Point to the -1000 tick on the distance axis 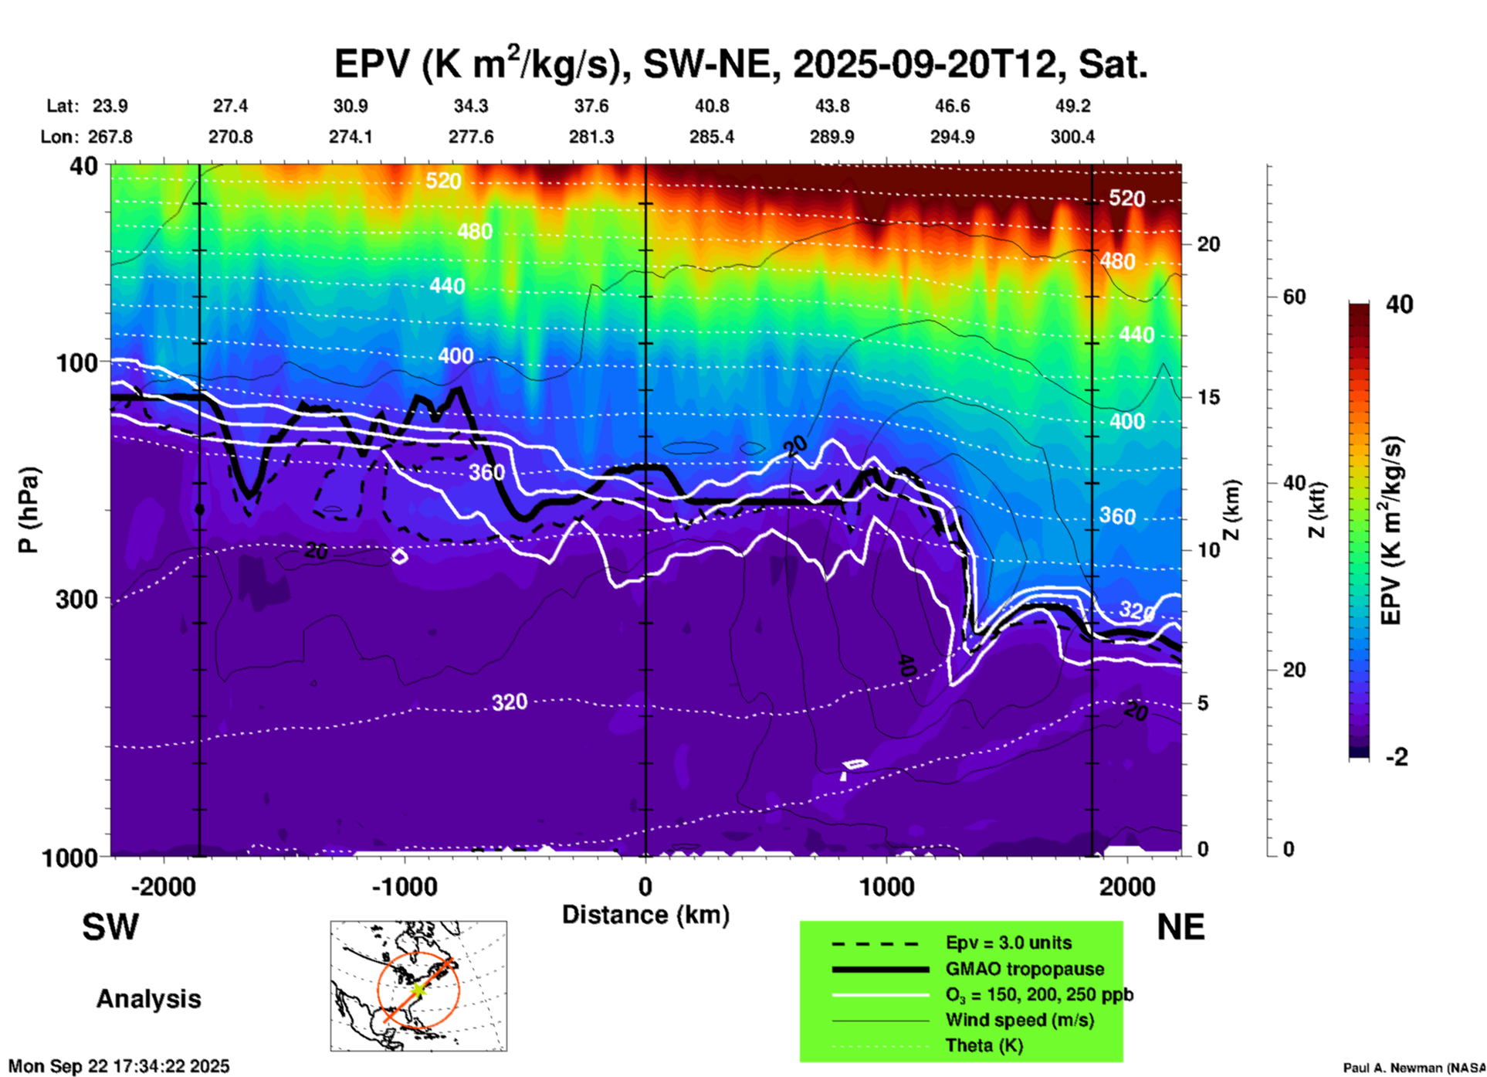pyautogui.click(x=405, y=886)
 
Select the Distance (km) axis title pyautogui.click(x=645, y=915)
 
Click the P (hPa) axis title pyautogui.click(x=29, y=510)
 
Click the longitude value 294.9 pyautogui.click(x=951, y=137)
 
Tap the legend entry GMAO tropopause pyautogui.click(x=1025, y=969)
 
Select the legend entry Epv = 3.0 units pyautogui.click(x=1008, y=943)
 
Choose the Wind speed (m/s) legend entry pyautogui.click(x=1019, y=1020)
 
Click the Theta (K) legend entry pyautogui.click(x=984, y=1045)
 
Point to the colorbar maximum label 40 pyautogui.click(x=1399, y=304)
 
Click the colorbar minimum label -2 pyautogui.click(x=1397, y=756)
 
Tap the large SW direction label pyautogui.click(x=110, y=927)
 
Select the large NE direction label pyautogui.click(x=1180, y=927)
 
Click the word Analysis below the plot pyautogui.click(x=148, y=999)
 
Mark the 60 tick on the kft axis pyautogui.click(x=1293, y=297)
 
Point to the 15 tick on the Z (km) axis pyautogui.click(x=1208, y=397)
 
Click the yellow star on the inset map pyautogui.click(x=417, y=990)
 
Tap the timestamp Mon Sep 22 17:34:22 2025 pyautogui.click(x=119, y=1066)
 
